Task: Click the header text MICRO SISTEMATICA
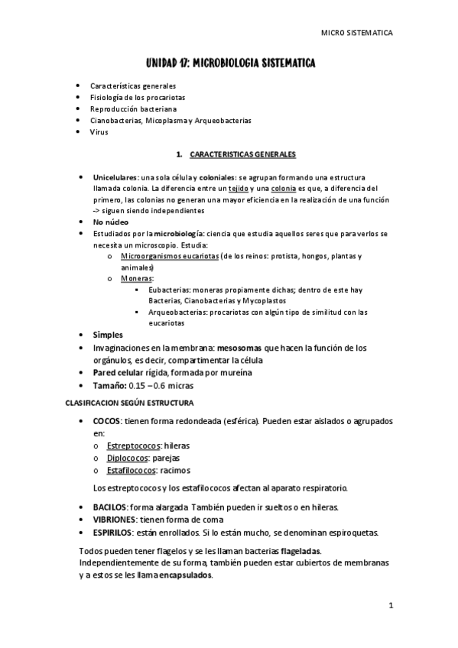pyautogui.click(x=356, y=34)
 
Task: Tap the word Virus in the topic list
pyautogui.click(x=99, y=132)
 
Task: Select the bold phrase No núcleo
pyautogui.click(x=107, y=222)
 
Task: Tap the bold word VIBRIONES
pyautogui.click(x=114, y=519)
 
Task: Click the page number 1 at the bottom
pyautogui.click(x=390, y=606)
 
